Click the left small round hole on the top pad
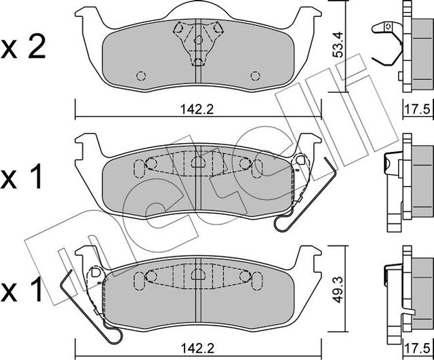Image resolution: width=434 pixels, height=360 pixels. (141, 75)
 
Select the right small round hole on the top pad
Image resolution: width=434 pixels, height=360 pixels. (255, 75)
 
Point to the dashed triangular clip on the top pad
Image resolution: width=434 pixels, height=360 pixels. (197, 39)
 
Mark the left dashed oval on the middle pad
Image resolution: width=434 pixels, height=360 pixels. (140, 167)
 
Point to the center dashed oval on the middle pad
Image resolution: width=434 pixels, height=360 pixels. (197, 163)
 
